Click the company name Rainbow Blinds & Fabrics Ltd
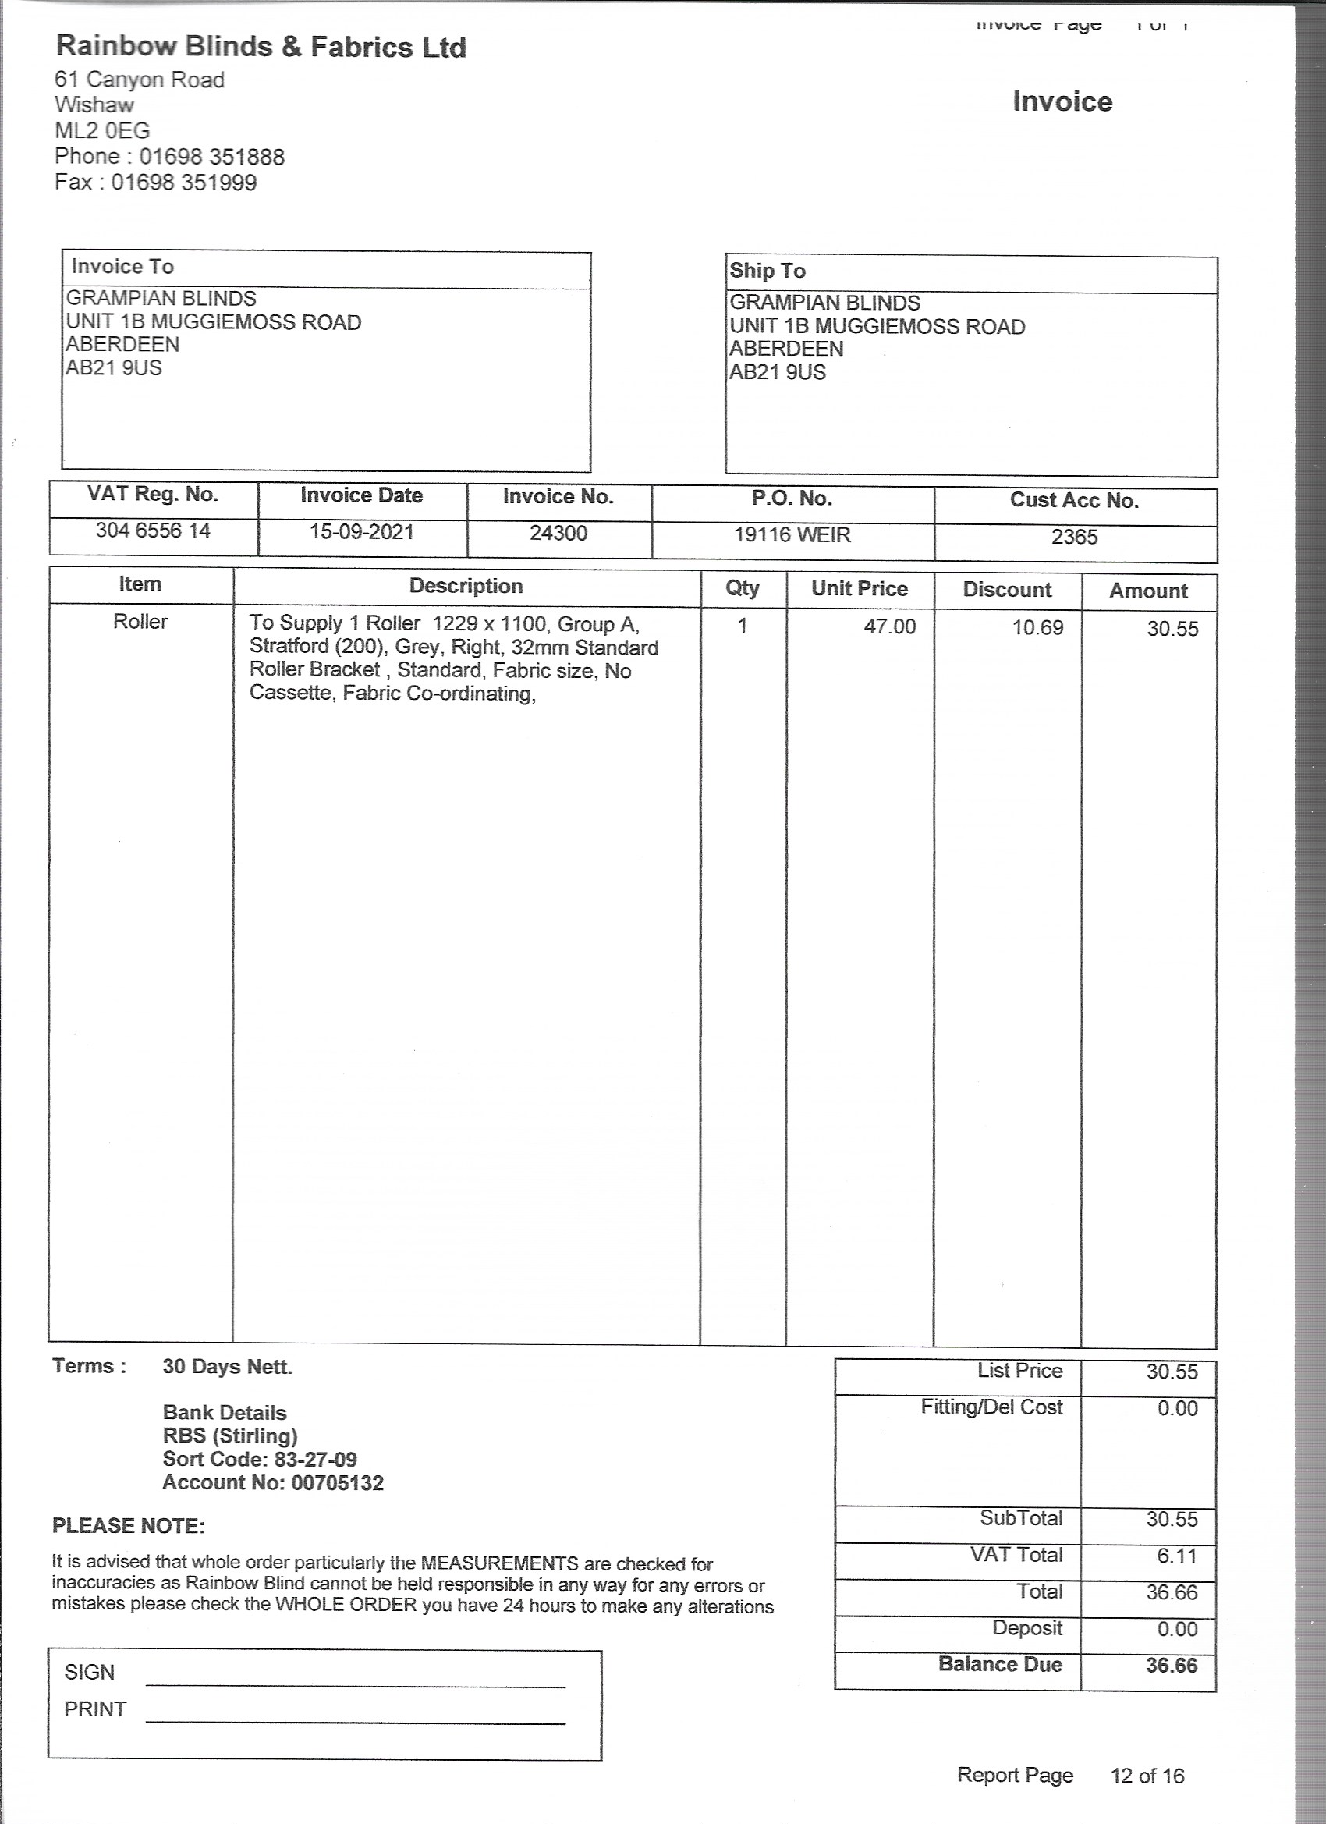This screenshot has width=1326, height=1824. click(261, 47)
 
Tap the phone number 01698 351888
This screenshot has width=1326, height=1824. click(211, 156)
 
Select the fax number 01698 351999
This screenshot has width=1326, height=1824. click(183, 182)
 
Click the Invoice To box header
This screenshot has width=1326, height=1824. click(122, 266)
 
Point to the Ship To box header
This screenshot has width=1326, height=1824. click(768, 270)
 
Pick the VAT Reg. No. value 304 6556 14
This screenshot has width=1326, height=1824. click(153, 530)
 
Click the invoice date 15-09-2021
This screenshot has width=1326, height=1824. click(362, 531)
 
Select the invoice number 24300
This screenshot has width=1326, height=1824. click(558, 533)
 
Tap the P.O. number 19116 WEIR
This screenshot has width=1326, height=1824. click(791, 535)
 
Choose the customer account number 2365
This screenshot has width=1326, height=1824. click(1074, 537)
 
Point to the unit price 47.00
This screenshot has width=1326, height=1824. click(889, 626)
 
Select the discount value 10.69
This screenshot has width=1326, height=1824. click(1037, 627)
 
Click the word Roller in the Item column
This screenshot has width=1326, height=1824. click(140, 621)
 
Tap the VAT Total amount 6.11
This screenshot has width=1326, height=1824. click(1177, 1556)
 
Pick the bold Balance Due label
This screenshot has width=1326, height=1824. click(999, 1664)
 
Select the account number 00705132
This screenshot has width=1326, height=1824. click(337, 1482)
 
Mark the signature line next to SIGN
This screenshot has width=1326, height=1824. click(356, 1686)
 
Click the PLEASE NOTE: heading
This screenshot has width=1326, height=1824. click(129, 1526)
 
